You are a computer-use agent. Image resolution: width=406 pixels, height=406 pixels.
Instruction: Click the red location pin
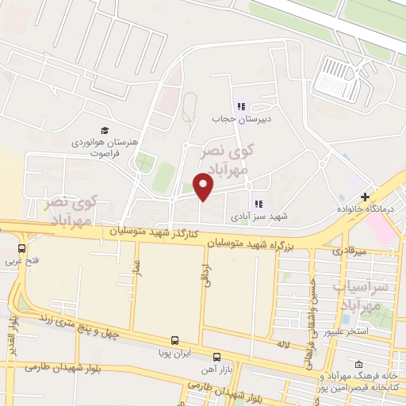coord(204,187)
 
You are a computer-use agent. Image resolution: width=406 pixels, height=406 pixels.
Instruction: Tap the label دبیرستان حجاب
coord(240,119)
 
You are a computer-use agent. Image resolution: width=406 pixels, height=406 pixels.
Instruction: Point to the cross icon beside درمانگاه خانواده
coord(365,197)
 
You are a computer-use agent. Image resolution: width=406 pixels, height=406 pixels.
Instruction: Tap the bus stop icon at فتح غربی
coord(21,247)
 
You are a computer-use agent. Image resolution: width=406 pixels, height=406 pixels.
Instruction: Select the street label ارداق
coord(205,275)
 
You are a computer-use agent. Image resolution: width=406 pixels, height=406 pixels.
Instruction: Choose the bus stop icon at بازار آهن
coord(217,357)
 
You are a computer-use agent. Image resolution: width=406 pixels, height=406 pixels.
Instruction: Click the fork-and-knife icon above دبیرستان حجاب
coord(240,105)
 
